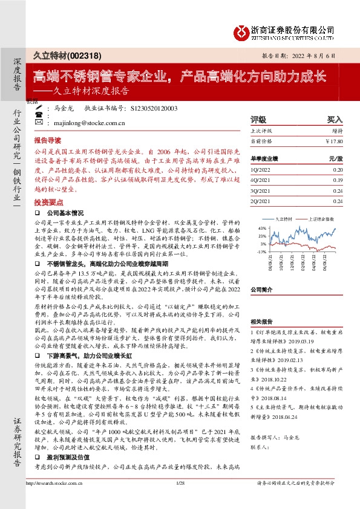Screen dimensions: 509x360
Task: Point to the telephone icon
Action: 39,109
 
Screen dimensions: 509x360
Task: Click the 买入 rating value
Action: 334,120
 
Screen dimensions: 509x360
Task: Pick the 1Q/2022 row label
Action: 261,170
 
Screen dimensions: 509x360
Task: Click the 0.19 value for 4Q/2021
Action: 337,180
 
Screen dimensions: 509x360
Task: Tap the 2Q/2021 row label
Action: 261,201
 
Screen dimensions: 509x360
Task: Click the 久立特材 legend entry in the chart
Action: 283,218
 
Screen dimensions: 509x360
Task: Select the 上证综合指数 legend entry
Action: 320,218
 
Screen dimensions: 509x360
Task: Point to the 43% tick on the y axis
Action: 261,228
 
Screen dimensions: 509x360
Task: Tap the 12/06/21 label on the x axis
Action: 293,263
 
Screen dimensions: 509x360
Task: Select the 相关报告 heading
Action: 261,322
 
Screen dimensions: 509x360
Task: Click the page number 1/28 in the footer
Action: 180,499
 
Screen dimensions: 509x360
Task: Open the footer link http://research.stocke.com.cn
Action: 55,499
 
